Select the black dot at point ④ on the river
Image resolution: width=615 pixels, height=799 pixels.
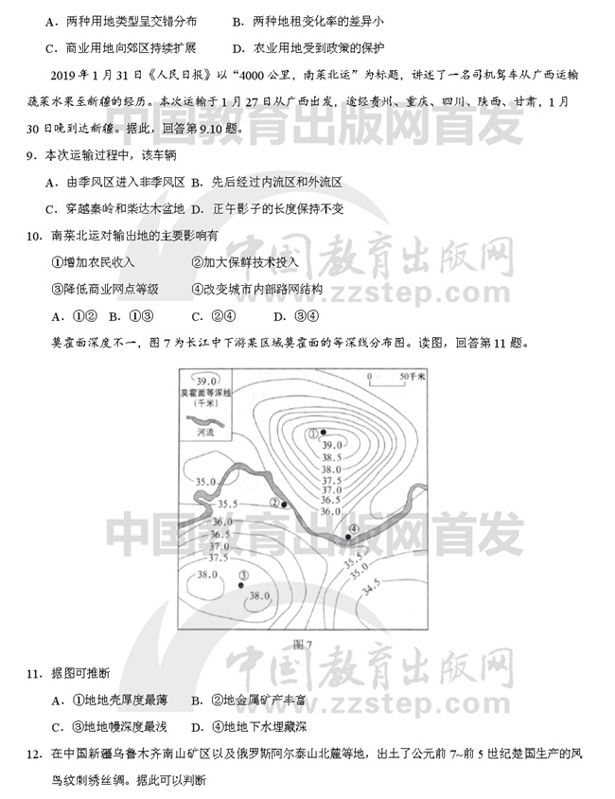coord(348,537)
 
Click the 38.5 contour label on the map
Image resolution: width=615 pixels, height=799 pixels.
coord(331,457)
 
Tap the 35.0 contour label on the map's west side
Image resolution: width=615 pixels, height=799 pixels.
coord(205,483)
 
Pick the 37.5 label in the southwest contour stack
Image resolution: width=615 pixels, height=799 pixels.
coord(219,558)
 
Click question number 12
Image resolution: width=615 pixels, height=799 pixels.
coord(33,754)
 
